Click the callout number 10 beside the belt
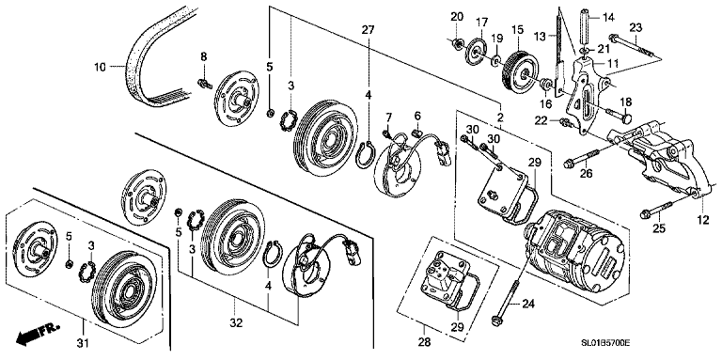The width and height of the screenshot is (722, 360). click(101, 68)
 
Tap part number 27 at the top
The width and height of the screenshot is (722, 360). click(369, 30)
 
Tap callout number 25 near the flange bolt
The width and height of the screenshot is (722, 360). click(658, 229)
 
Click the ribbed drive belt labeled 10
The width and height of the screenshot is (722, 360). click(150, 56)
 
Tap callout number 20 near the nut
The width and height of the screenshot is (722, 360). click(457, 17)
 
